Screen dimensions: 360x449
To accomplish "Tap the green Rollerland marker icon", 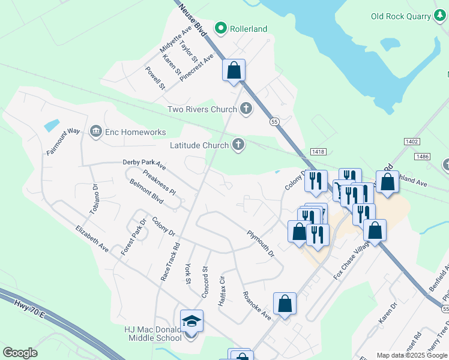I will pos(221,28).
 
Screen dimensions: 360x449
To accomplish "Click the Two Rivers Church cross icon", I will pos(245,109).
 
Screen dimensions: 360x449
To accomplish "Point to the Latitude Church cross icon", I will pos(238,145).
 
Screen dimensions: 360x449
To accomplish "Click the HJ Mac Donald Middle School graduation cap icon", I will pos(191,322).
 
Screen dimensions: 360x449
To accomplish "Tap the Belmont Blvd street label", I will pos(146,191).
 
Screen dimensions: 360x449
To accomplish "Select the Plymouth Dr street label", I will pos(261,243).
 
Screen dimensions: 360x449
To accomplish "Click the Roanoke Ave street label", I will pos(256,304).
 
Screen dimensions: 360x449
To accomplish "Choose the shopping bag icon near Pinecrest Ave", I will pos(234,70).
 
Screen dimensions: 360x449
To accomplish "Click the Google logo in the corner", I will pos(20,353).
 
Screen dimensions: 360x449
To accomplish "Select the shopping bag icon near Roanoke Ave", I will pos(285,304).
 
